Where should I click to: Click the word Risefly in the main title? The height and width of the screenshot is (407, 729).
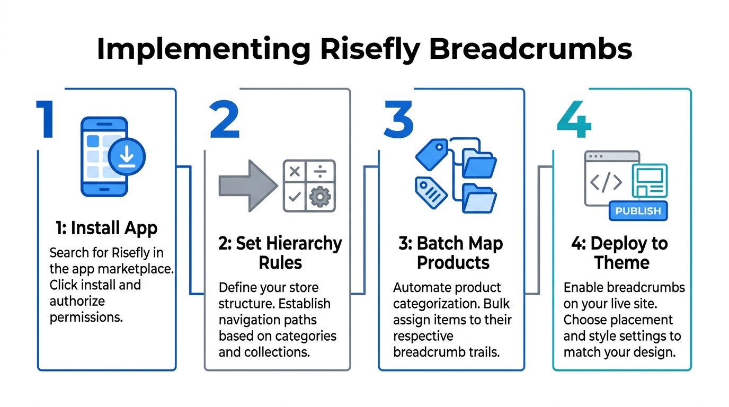point(369,49)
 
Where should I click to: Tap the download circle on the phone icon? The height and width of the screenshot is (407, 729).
point(127,157)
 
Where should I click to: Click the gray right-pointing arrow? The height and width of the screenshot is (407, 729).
point(247,185)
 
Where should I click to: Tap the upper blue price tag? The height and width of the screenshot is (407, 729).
point(432,154)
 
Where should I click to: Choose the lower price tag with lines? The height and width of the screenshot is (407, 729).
point(431,192)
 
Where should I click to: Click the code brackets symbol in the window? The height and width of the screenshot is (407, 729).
point(606,182)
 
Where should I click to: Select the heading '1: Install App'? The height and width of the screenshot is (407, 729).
point(106,228)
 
